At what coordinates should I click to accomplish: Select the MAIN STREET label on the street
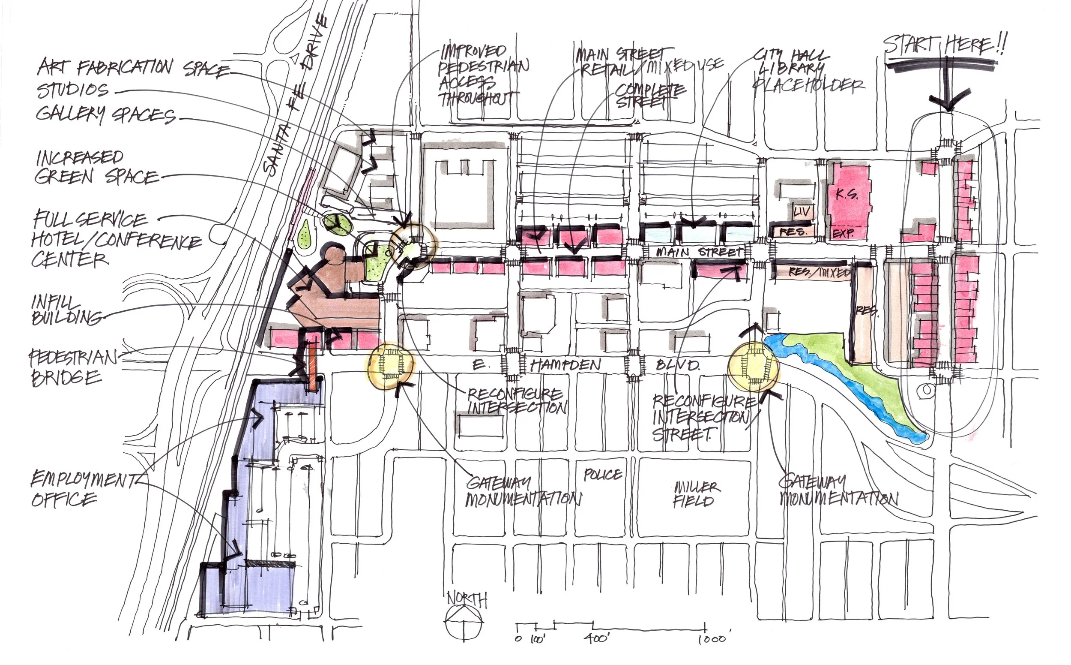(699, 253)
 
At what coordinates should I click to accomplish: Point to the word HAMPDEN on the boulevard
(565, 364)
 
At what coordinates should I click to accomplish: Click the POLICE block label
(602, 475)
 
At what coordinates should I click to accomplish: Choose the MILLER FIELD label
(696, 494)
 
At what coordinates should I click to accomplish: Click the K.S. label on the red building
(847, 194)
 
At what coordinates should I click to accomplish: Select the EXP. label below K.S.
(843, 233)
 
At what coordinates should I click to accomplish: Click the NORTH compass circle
(464, 620)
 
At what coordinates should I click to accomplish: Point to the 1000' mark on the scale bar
(712, 638)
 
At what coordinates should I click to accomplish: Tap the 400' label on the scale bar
(597, 638)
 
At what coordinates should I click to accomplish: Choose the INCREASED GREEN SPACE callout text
(95, 168)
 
